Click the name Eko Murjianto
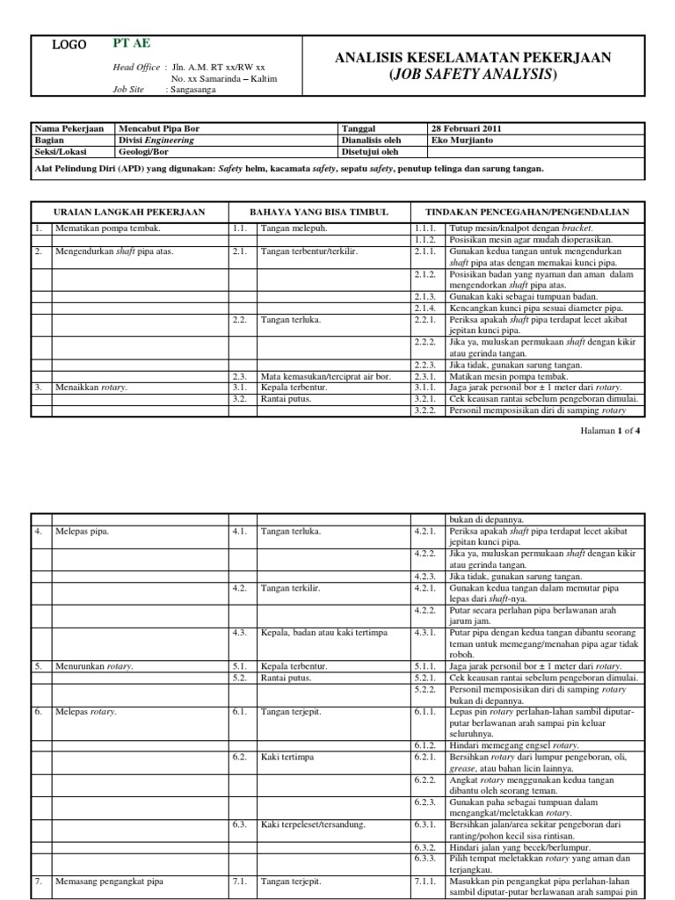pos(461,139)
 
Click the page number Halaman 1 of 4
pos(612,432)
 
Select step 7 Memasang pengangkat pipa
pos(109,881)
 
